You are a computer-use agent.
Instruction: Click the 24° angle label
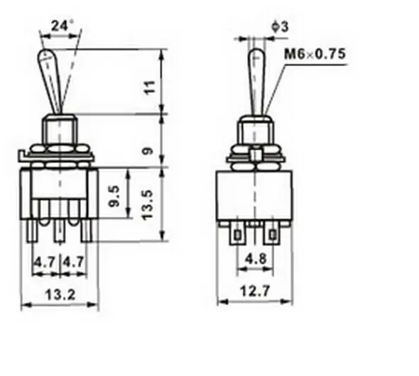pyautogui.click(x=62, y=26)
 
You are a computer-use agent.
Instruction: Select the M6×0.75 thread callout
pyautogui.click(x=315, y=54)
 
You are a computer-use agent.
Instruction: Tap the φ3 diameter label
pyautogui.click(x=281, y=27)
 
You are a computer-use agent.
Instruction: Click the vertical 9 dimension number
pyautogui.click(x=148, y=151)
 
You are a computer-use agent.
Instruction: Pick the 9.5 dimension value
pyautogui.click(x=115, y=197)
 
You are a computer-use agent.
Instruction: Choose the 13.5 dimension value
pyautogui.click(x=148, y=205)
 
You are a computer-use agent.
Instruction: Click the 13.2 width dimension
pyautogui.click(x=60, y=294)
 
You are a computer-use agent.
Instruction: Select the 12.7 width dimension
pyautogui.click(x=255, y=291)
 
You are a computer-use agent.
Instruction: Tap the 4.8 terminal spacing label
pyautogui.click(x=256, y=258)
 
